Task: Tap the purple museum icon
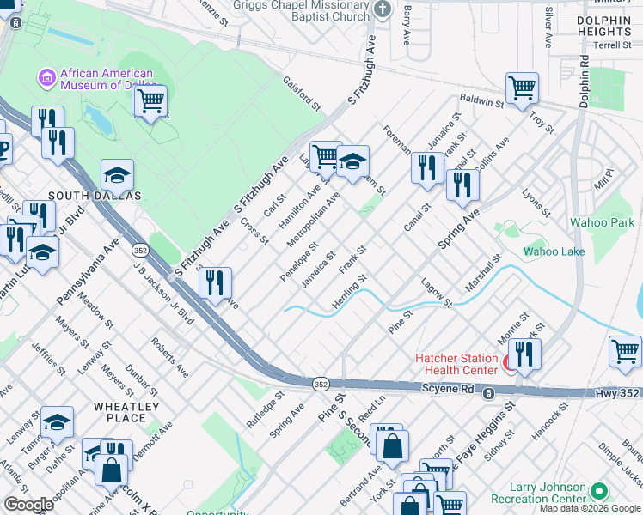(x=46, y=79)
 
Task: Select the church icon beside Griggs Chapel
(x=383, y=10)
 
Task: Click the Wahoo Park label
(x=602, y=222)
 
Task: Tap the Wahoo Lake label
(x=554, y=251)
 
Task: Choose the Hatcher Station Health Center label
(x=456, y=364)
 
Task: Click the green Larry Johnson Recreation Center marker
(x=599, y=492)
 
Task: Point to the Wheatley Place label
(x=126, y=412)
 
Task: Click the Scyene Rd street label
(x=450, y=389)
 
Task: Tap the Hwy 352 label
(x=618, y=392)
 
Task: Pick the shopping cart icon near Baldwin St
(x=522, y=88)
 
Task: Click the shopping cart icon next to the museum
(x=150, y=100)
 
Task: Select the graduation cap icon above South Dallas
(x=117, y=176)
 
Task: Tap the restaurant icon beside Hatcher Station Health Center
(x=524, y=353)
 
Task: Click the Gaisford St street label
(x=302, y=94)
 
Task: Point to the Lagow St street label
(x=437, y=292)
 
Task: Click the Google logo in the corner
(x=29, y=505)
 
